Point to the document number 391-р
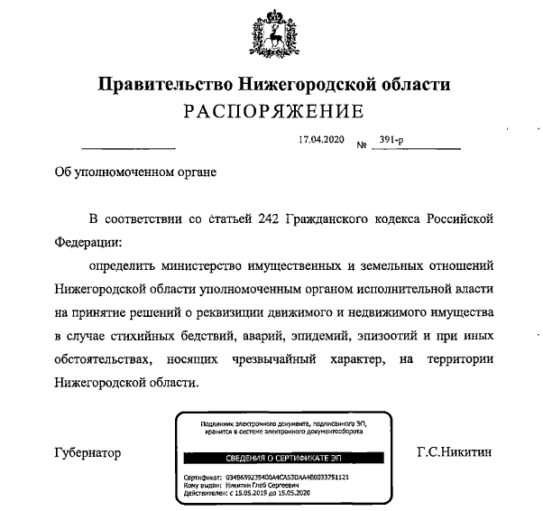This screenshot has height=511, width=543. [x=394, y=143]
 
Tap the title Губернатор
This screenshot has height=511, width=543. [x=87, y=452]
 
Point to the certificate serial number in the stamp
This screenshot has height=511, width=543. [x=294, y=476]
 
